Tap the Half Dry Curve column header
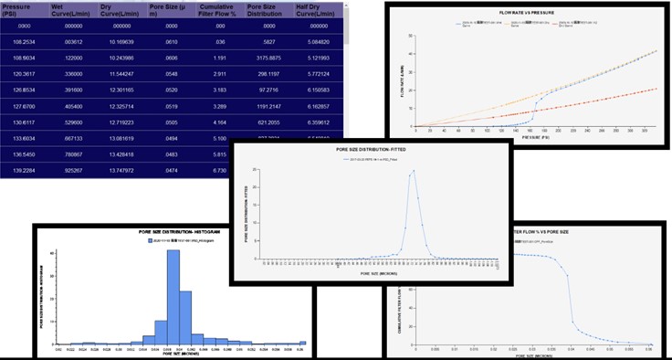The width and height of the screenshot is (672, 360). (x=317, y=13)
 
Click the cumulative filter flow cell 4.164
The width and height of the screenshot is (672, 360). (x=216, y=121)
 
